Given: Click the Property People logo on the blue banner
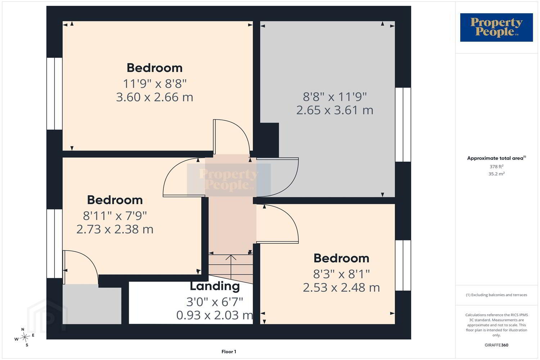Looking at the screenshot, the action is pyautogui.click(x=496, y=27).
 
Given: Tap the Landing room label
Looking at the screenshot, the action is pyautogui.click(x=215, y=286).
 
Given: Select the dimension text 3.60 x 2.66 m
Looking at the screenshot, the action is pyautogui.click(x=154, y=97).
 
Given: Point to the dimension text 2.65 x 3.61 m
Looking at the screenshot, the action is pyautogui.click(x=334, y=110).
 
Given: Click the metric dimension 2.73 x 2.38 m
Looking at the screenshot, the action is pyautogui.click(x=115, y=229).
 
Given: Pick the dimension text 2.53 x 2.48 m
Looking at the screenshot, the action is pyautogui.click(x=341, y=287).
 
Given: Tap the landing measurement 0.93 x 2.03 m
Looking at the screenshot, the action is pyautogui.click(x=215, y=315).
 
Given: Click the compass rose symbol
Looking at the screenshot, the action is pyautogui.click(x=24, y=337).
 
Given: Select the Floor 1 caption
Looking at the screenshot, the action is pyautogui.click(x=229, y=352).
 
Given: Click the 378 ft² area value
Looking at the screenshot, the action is pyautogui.click(x=496, y=166).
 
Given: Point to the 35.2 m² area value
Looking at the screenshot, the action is pyautogui.click(x=496, y=174).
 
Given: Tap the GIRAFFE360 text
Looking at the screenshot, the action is pyautogui.click(x=496, y=345).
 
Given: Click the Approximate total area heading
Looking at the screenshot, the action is pyautogui.click(x=496, y=158).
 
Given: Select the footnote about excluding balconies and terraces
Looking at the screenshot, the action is pyautogui.click(x=496, y=295).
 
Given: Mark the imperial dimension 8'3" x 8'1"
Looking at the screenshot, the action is pyautogui.click(x=341, y=274).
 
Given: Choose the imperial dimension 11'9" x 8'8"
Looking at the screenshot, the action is pyautogui.click(x=154, y=84).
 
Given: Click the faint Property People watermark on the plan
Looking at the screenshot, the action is pyautogui.click(x=229, y=179).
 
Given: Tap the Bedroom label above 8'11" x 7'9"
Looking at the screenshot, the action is pyautogui.click(x=115, y=200).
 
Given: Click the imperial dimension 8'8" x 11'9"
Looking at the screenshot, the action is pyautogui.click(x=334, y=97).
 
